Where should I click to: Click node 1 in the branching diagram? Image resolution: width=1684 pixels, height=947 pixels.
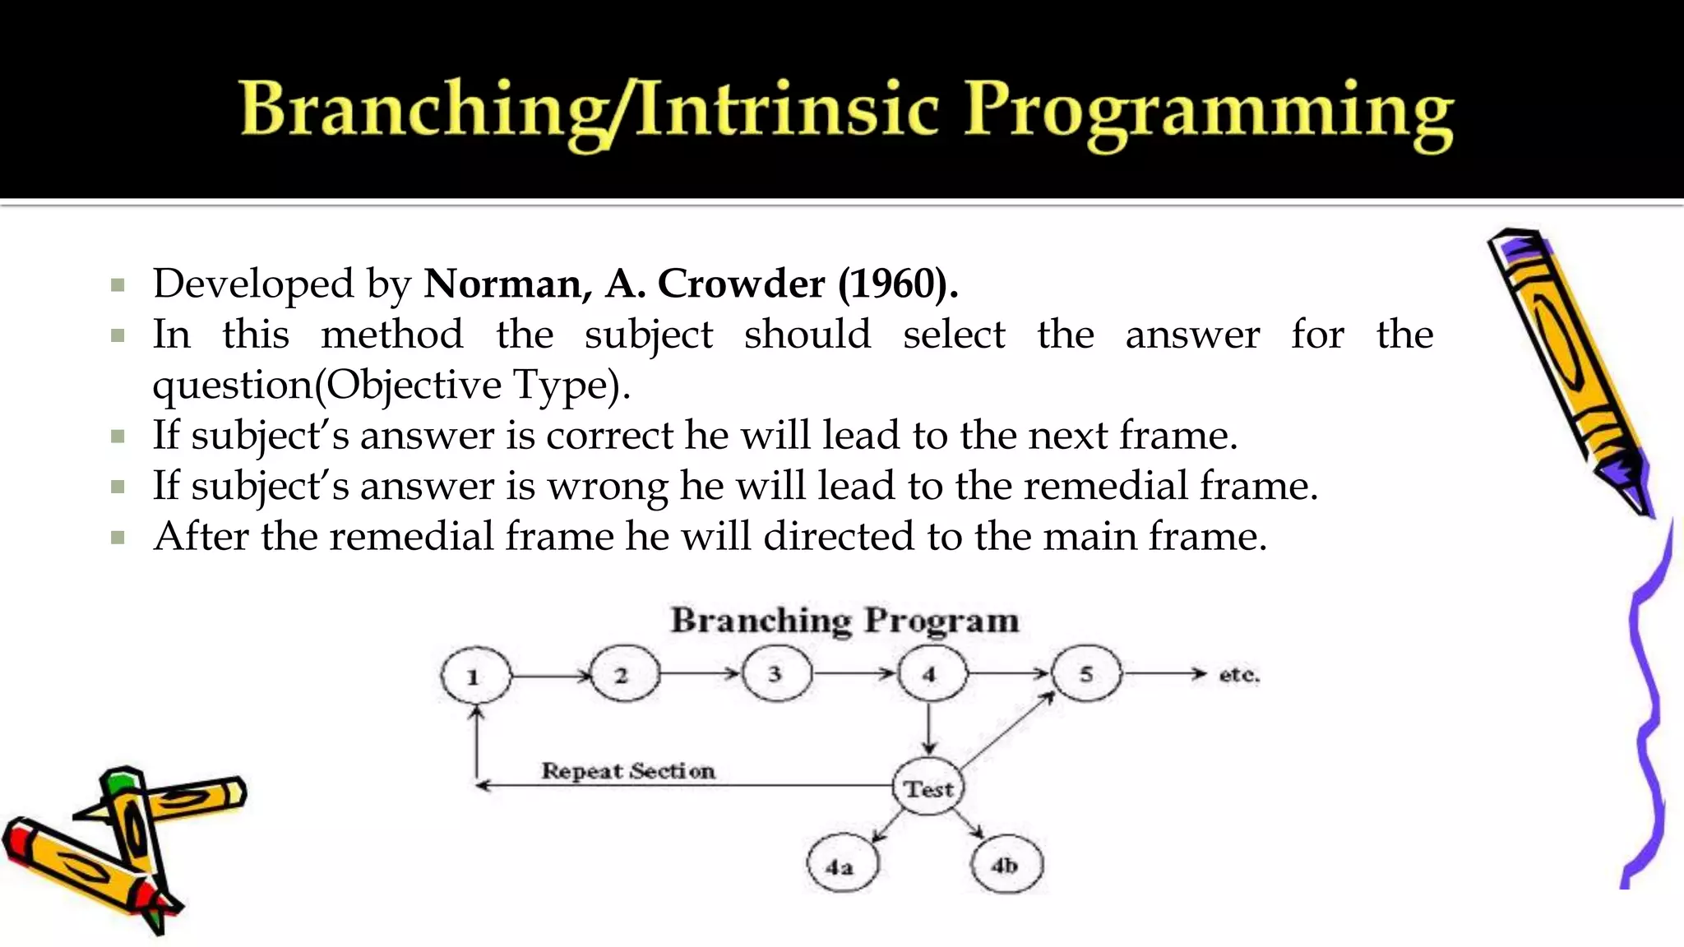(474, 677)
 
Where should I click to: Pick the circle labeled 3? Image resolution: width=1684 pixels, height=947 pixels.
(775, 674)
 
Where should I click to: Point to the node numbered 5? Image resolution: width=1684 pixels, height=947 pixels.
(1085, 674)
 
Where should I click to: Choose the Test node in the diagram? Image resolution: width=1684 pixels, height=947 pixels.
(928, 788)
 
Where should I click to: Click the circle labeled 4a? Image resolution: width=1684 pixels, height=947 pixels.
(841, 866)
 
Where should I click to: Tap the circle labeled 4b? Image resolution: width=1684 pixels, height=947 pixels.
(1006, 865)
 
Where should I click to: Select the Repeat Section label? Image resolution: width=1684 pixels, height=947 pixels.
(628, 771)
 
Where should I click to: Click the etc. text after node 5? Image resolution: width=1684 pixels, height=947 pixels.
(1238, 675)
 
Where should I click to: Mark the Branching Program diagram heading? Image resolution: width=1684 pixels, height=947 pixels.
(844, 621)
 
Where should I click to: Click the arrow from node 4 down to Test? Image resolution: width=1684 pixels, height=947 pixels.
(929, 728)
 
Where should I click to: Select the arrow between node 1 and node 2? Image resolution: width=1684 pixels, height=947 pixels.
(549, 677)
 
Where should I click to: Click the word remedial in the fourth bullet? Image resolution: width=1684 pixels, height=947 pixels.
(1105, 486)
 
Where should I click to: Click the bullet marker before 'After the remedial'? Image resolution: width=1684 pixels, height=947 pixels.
(118, 538)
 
